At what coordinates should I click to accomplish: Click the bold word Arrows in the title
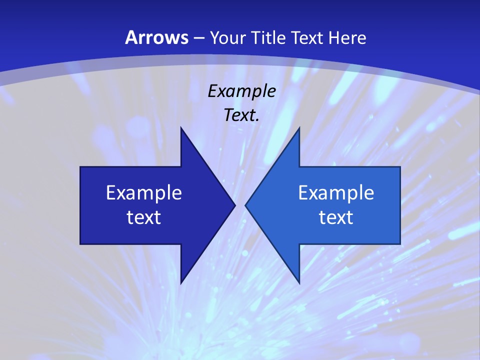[x=157, y=37]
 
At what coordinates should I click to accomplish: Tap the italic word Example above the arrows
[x=242, y=91]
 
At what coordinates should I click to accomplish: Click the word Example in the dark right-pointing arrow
[x=144, y=192]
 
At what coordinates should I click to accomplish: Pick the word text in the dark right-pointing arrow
[x=144, y=217]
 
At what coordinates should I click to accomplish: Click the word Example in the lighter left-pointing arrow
[x=336, y=192]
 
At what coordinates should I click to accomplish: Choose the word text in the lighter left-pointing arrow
[x=336, y=217]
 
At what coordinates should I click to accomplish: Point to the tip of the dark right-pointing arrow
[x=234, y=205]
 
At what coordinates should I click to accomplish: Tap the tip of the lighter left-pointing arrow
[x=245, y=205]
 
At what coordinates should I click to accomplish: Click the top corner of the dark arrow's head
[x=181, y=128]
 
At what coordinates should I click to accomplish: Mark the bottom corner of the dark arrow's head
[x=181, y=283]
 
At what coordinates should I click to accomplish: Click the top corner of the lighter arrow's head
[x=299, y=128]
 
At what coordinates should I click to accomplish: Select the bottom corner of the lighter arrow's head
[x=299, y=283]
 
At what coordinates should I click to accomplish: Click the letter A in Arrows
[x=131, y=37]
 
